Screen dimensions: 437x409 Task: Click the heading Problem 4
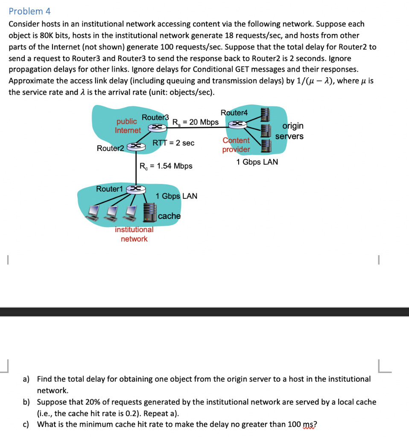(29, 12)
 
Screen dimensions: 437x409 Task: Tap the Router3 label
(155, 117)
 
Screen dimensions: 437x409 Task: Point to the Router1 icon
(135, 188)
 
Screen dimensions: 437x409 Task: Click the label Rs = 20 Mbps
(195, 122)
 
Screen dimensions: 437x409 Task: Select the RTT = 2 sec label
(173, 143)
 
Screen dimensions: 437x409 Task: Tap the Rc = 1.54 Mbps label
(166, 166)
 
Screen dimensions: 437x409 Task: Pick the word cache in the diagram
(169, 216)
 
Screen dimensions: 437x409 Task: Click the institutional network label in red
(134, 234)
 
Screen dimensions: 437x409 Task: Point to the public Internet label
(127, 126)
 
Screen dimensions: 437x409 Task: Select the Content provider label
(236, 145)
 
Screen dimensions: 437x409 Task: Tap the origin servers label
(289, 131)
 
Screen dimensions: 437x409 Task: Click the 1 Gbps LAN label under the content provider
(257, 162)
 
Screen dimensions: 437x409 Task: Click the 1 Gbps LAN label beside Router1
(176, 196)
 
